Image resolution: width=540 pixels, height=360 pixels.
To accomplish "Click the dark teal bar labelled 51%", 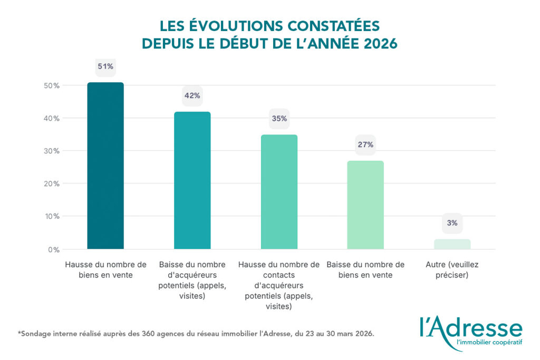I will (x=105, y=166).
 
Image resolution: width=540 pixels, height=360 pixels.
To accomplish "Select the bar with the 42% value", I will (x=192, y=180).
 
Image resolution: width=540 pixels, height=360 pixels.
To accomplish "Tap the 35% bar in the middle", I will (x=279, y=192).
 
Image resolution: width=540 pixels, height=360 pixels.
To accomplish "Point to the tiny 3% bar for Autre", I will (x=452, y=244).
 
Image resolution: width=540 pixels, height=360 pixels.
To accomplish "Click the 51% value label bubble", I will (x=105, y=67).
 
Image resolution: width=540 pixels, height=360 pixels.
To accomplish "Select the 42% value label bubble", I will (x=192, y=96).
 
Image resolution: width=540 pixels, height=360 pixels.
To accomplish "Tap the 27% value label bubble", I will (x=365, y=144).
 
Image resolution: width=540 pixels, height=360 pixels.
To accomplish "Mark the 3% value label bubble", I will (x=452, y=223).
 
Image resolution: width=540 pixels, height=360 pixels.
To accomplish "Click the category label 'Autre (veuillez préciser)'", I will (x=452, y=269).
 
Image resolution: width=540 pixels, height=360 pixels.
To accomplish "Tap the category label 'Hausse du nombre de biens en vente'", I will (x=105, y=269).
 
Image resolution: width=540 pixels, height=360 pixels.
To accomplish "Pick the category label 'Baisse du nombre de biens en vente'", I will (x=365, y=269).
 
